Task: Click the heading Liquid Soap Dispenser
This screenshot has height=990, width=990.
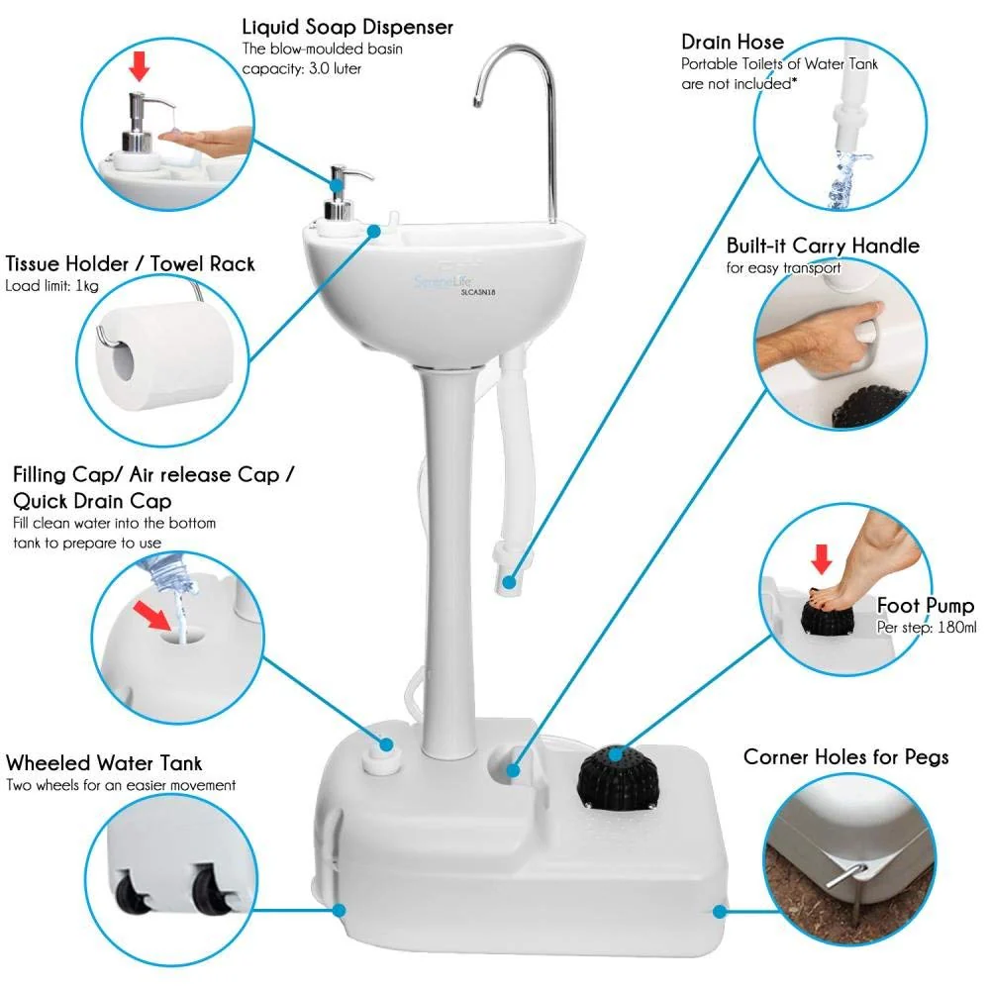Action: [347, 26]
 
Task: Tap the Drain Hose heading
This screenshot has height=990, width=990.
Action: [733, 42]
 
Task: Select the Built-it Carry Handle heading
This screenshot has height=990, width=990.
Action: [823, 246]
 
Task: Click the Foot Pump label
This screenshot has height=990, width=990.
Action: [926, 605]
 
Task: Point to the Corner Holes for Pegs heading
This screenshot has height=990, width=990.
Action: [845, 757]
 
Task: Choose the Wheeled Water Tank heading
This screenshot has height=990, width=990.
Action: [104, 762]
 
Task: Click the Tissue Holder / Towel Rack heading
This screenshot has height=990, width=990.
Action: [130, 263]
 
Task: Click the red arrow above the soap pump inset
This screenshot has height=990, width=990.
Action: [140, 67]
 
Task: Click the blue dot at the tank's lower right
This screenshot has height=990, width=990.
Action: [720, 911]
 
